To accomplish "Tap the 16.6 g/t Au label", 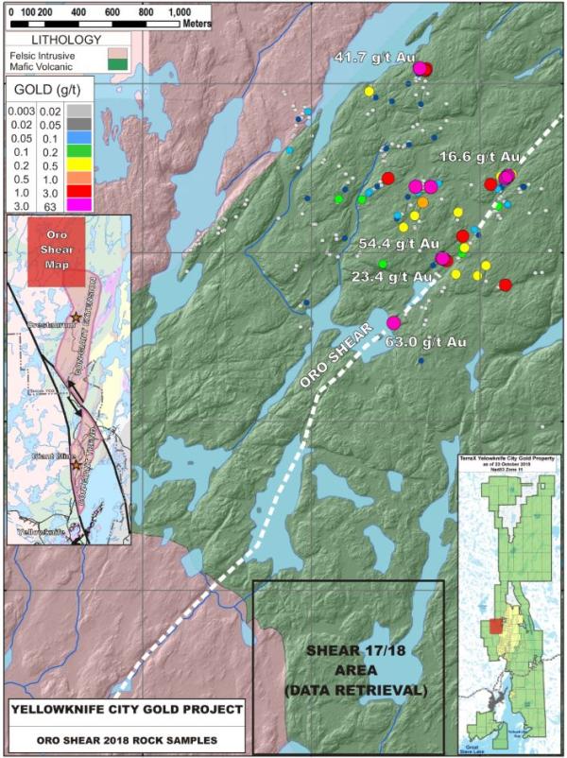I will (x=479, y=156).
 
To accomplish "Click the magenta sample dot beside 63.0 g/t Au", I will (x=393, y=323).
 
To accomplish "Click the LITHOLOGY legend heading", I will (x=66, y=40).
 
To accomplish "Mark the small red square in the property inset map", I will (x=497, y=628).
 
